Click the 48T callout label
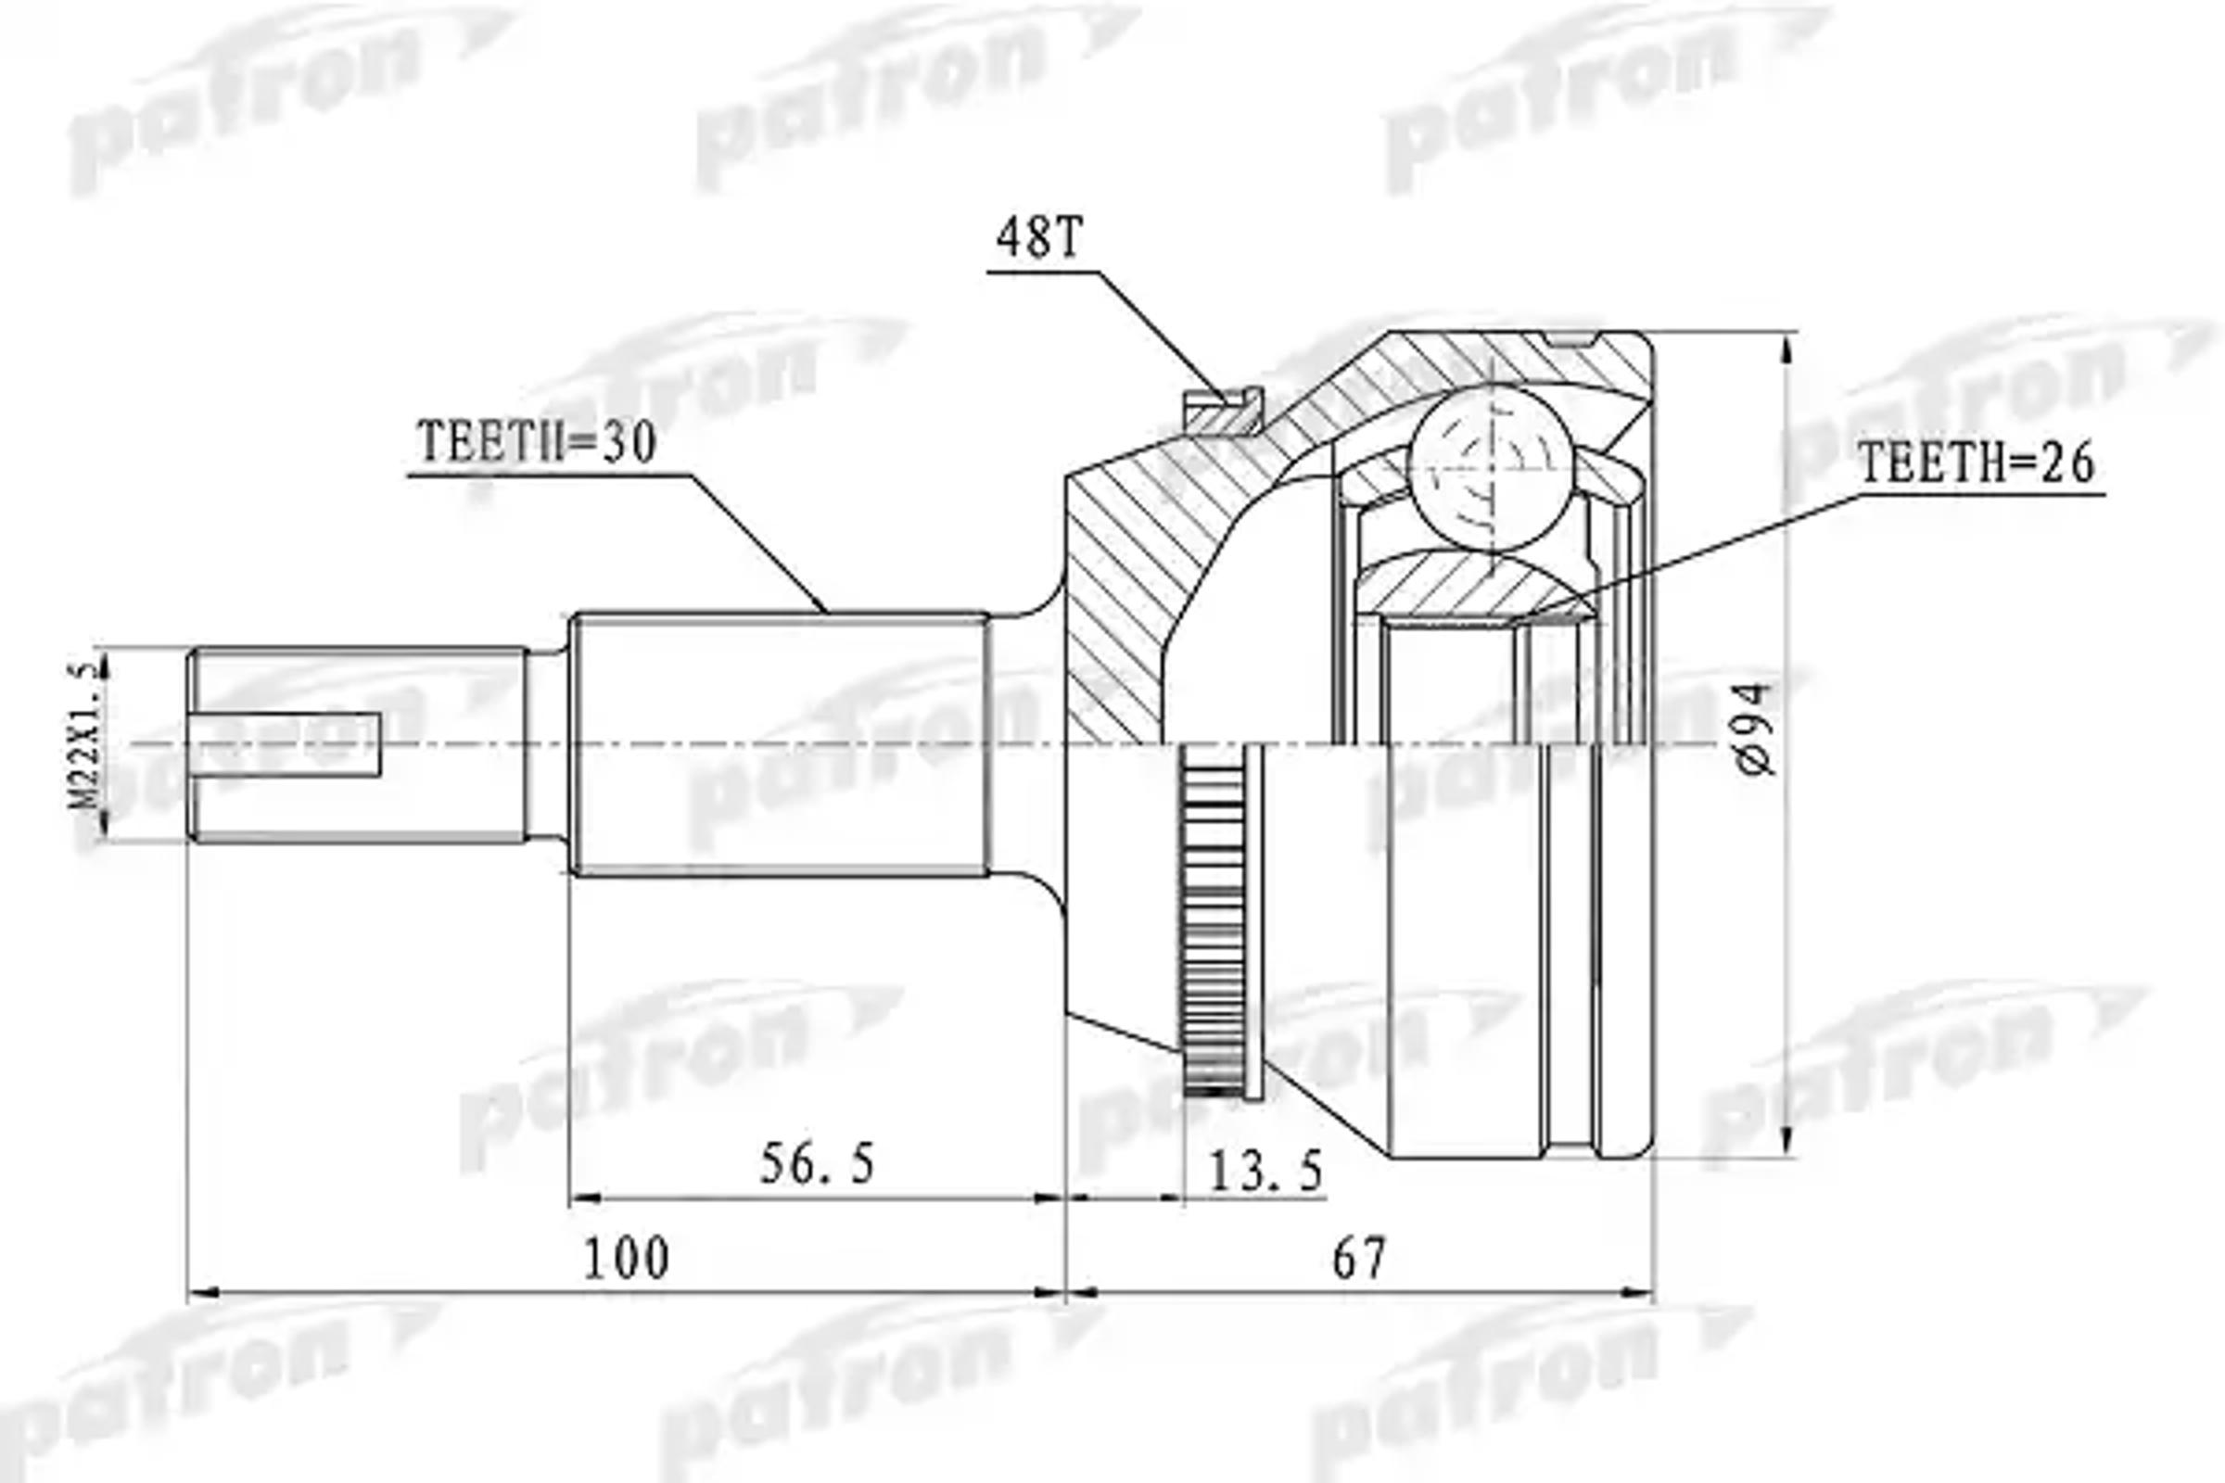point(1037,237)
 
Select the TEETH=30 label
point(537,442)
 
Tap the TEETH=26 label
point(1977,463)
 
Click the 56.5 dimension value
point(818,1163)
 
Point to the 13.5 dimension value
point(1265,1173)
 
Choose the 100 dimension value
point(627,1259)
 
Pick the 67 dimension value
point(1358,1259)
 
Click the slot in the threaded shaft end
point(284,745)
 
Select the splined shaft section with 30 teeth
point(781,744)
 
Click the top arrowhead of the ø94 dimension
point(1787,350)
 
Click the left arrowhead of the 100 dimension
point(203,1292)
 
